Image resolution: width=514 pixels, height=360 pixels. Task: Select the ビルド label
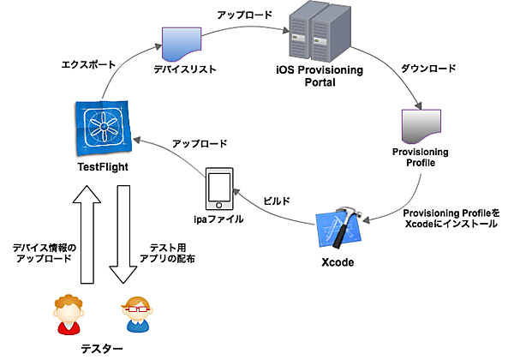276,201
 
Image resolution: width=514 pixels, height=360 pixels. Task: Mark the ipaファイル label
219,219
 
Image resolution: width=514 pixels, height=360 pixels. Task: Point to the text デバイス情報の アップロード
44,253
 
